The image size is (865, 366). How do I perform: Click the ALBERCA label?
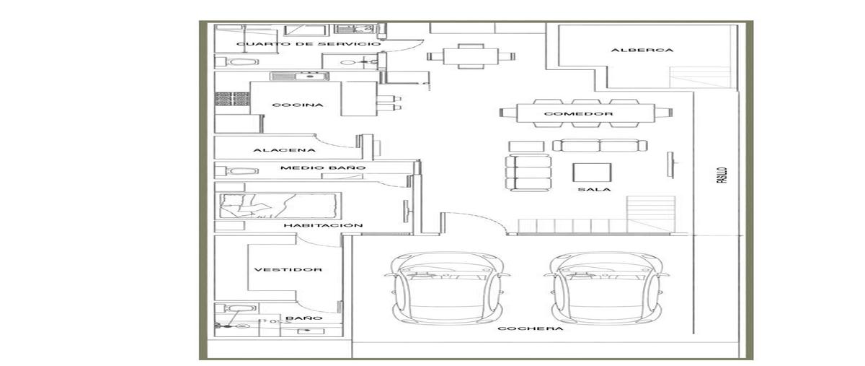642,50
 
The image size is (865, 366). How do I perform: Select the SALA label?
594,189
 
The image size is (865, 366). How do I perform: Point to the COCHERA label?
531,328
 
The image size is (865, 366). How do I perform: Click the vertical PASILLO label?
722,175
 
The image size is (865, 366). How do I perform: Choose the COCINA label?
297,105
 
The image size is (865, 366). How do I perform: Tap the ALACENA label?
284,150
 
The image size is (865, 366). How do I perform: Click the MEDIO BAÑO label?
323,168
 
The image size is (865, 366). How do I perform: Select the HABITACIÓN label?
323,225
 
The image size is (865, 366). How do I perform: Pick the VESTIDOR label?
288,270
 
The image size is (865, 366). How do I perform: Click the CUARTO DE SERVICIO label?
309,44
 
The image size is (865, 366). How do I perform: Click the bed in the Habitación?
280,206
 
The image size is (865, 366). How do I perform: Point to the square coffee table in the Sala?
592,173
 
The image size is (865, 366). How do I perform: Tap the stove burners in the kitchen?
232,99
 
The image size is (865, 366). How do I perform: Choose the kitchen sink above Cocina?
299,77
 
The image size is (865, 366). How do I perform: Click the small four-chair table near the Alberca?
471,56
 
